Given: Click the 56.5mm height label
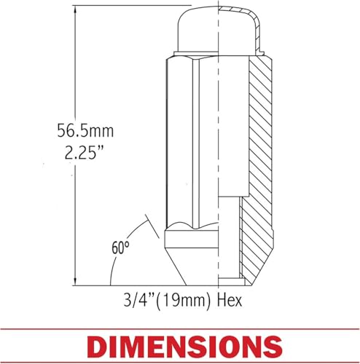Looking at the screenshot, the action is pos(85,131).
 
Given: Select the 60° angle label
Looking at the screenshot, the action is pos(120,248).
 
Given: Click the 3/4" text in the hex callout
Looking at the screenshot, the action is pos(138,301).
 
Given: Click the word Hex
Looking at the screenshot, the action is pos(230,301).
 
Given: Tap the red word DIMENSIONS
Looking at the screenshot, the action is pos(184,346).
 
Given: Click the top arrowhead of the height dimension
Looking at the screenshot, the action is pos(76,9).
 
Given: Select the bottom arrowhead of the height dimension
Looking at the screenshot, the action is pos(76,282).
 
